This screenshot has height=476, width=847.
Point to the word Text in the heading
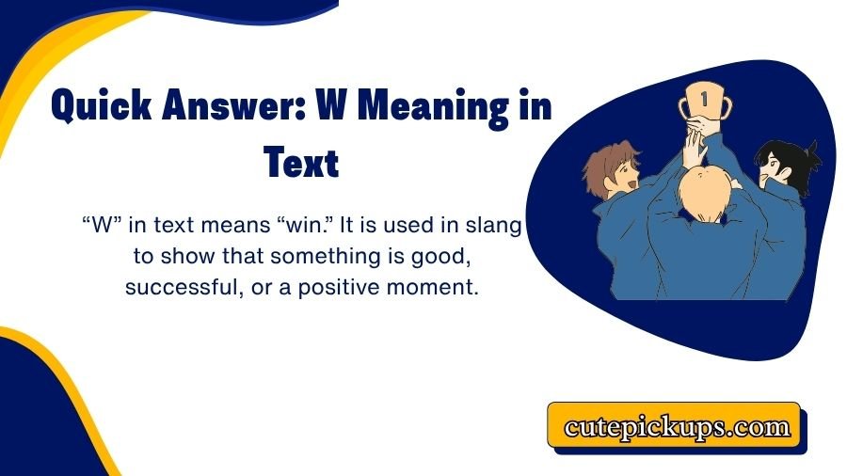300,162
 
